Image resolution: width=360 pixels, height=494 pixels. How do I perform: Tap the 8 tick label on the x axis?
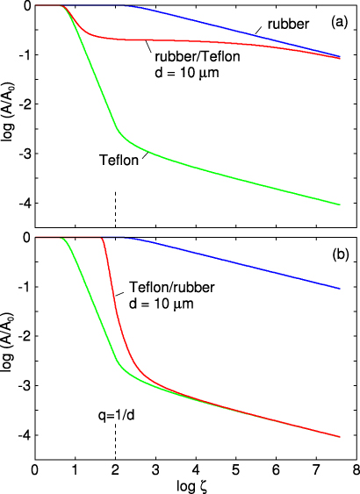pyautogui.click(x=356, y=469)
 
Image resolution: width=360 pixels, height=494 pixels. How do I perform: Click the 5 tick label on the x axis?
pyautogui.click(x=235, y=469)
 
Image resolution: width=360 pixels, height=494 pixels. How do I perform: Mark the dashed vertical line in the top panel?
pyautogui.click(x=115, y=218)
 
